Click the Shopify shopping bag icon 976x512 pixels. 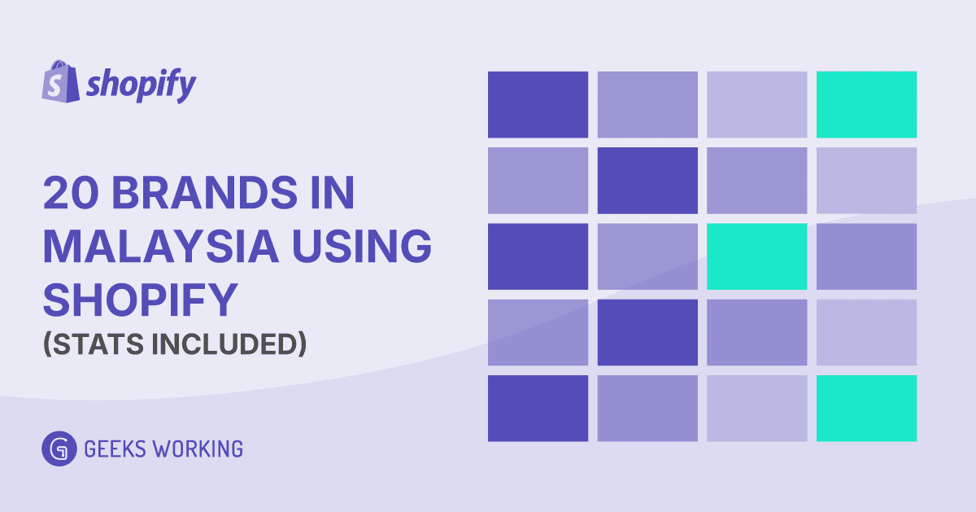(x=59, y=81)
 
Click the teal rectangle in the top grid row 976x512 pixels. (x=866, y=104)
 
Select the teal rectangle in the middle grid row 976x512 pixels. (x=756, y=256)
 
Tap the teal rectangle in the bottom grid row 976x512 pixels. (x=866, y=408)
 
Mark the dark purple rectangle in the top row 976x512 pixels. (x=538, y=104)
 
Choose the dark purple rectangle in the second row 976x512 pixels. (x=647, y=180)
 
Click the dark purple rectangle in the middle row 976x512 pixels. (x=538, y=256)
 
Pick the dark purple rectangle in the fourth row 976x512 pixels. (x=647, y=332)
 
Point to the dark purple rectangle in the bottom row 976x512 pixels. (x=538, y=408)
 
